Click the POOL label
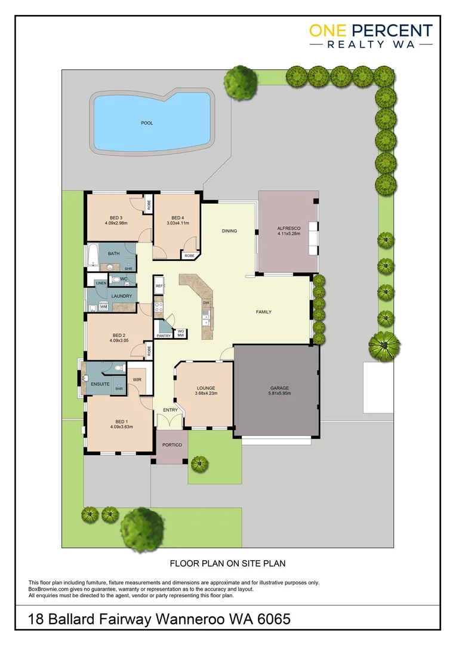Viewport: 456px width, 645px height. click(147, 123)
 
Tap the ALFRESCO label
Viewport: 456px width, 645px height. click(288, 229)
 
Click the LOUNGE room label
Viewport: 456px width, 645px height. click(206, 388)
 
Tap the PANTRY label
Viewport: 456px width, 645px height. click(164, 336)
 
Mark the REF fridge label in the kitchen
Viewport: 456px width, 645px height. click(159, 287)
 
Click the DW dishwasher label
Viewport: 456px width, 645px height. click(205, 303)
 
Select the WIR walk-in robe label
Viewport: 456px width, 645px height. click(136, 379)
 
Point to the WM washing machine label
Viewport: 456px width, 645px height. click(103, 306)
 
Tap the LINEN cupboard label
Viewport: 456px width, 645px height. click(100, 282)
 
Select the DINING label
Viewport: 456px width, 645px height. click(229, 231)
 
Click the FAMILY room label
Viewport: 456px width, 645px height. click(264, 312)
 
